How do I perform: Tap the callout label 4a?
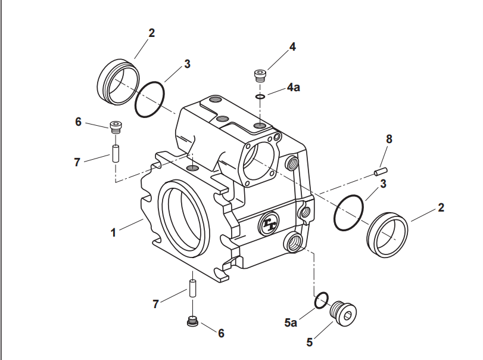coord(294,87)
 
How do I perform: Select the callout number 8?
coord(389,139)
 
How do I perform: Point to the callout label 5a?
coord(291,323)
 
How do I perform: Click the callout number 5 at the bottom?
coord(309,342)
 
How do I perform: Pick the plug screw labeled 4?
coord(260,75)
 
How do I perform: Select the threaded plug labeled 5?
coord(345,313)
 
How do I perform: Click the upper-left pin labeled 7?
coord(116,153)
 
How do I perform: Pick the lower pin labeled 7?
coord(192,287)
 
